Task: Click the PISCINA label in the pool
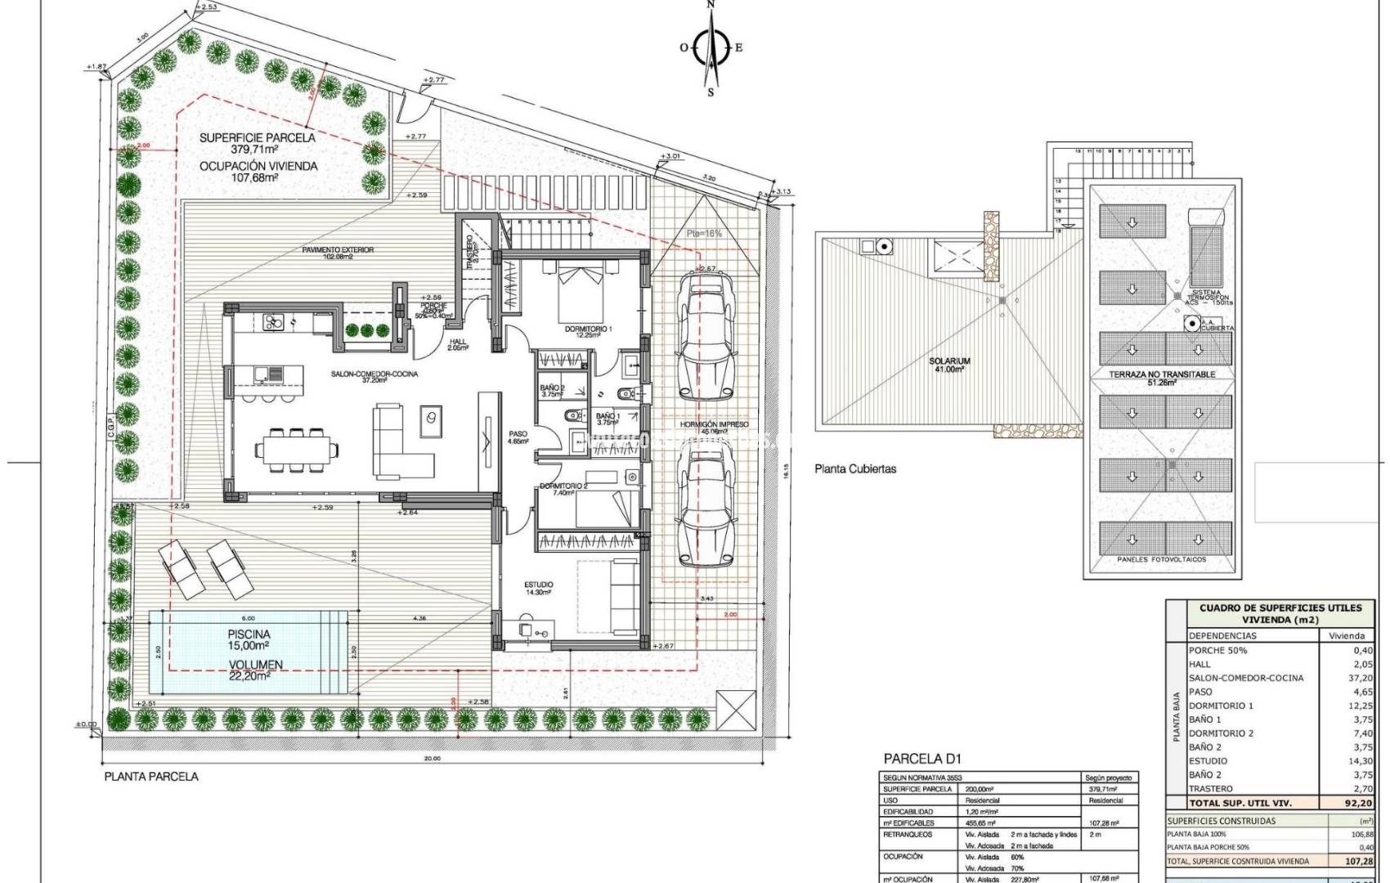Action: [x=249, y=634]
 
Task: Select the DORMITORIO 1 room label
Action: [x=588, y=329]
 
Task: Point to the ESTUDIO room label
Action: [x=538, y=585]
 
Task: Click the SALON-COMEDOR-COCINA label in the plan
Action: [x=374, y=374]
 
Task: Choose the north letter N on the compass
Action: [x=711, y=5]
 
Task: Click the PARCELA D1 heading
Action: [x=917, y=759]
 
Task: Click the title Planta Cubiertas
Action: [x=854, y=468]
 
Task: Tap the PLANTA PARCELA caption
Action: [x=150, y=776]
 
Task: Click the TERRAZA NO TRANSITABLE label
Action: [x=1161, y=374]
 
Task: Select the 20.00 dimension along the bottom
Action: [x=432, y=758]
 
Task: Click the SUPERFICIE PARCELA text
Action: [x=257, y=138]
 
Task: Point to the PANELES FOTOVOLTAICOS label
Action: [x=1161, y=560]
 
